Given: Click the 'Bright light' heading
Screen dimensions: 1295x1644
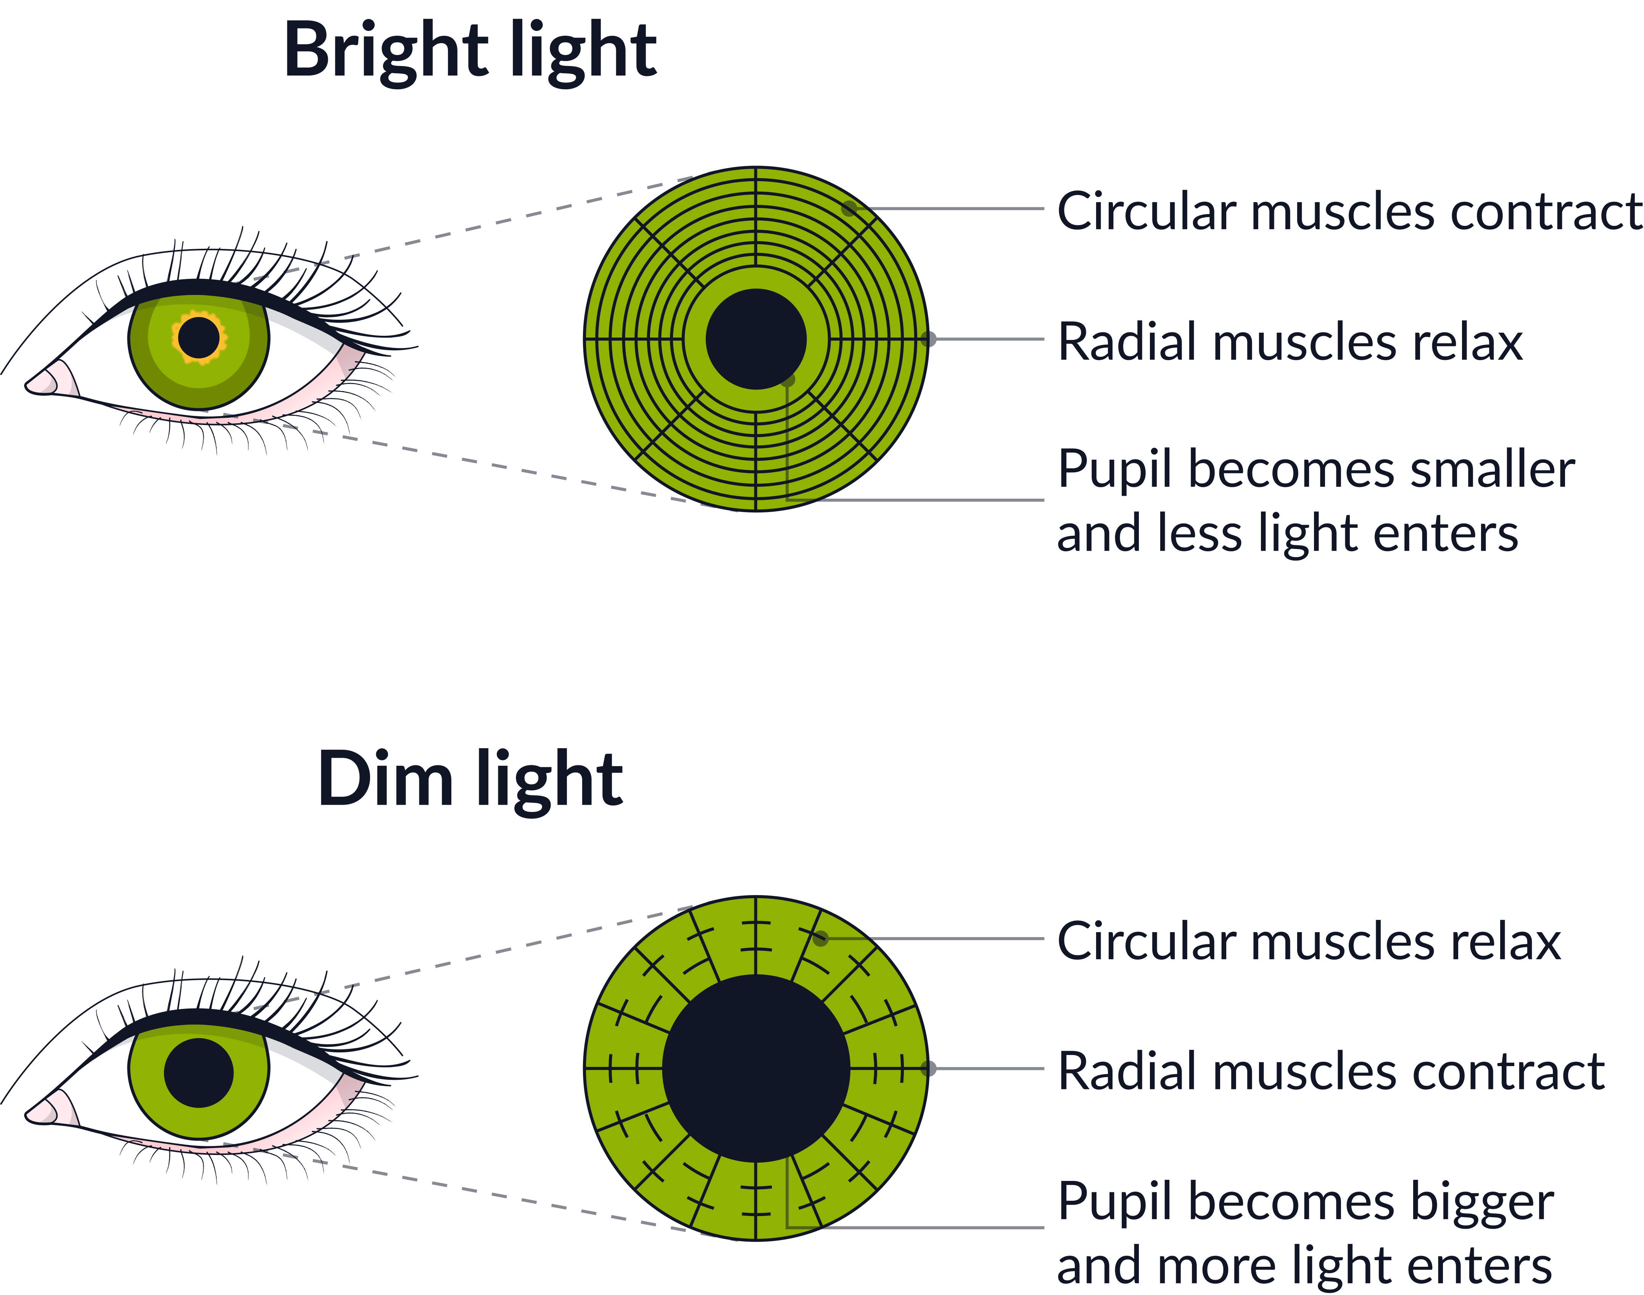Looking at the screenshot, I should click(470, 52).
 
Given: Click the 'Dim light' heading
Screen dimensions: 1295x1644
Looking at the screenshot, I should click(470, 780).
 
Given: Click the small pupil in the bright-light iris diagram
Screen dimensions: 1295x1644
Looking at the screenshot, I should click(756, 339).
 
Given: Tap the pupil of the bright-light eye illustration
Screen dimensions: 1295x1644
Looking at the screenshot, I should click(198, 337).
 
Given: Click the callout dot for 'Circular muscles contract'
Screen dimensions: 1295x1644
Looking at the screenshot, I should click(850, 208).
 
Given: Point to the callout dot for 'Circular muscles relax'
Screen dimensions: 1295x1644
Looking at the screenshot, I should click(821, 938).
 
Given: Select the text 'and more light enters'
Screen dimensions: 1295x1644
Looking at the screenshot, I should click(1304, 1266).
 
